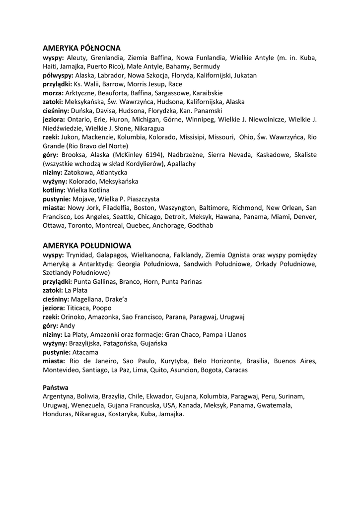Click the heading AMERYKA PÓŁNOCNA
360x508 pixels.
point(81,48)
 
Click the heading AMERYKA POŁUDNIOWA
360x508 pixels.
point(87,246)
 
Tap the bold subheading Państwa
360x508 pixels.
point(56,387)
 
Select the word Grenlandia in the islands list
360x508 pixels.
point(106,58)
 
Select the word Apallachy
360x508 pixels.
point(181,163)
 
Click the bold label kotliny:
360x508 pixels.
point(54,190)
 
